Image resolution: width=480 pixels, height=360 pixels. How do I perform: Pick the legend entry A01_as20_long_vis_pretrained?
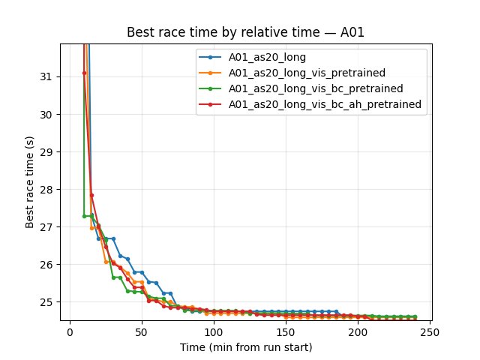(307, 73)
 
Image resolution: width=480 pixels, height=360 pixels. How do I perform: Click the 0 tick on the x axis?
(70, 331)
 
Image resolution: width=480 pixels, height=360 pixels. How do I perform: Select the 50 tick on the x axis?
(142, 331)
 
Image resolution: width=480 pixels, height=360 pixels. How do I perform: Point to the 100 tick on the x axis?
(214, 331)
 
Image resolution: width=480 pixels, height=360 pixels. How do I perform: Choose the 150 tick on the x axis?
(286, 331)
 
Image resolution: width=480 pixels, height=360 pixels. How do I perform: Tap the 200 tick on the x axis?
(358, 331)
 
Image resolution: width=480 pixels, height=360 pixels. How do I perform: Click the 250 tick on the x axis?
(430, 331)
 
